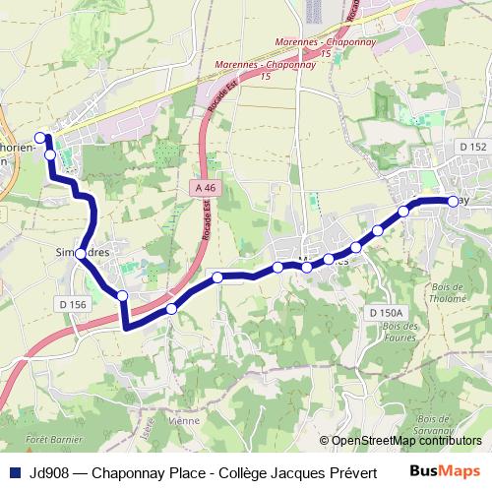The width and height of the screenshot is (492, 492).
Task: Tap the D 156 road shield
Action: (x=75, y=305)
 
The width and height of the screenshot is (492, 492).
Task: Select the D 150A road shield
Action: (x=388, y=312)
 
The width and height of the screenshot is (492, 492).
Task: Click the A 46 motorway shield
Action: (x=205, y=187)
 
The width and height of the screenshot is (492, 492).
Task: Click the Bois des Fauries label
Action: (x=401, y=332)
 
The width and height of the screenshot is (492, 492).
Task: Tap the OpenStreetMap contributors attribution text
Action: (x=407, y=441)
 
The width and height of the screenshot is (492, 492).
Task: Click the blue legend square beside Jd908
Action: (x=15, y=471)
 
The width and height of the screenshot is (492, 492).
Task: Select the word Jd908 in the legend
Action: (x=50, y=471)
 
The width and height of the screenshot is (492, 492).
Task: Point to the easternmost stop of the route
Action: (x=453, y=201)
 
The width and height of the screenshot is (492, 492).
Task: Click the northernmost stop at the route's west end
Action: (x=40, y=138)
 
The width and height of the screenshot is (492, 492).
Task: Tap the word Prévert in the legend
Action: (x=355, y=471)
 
